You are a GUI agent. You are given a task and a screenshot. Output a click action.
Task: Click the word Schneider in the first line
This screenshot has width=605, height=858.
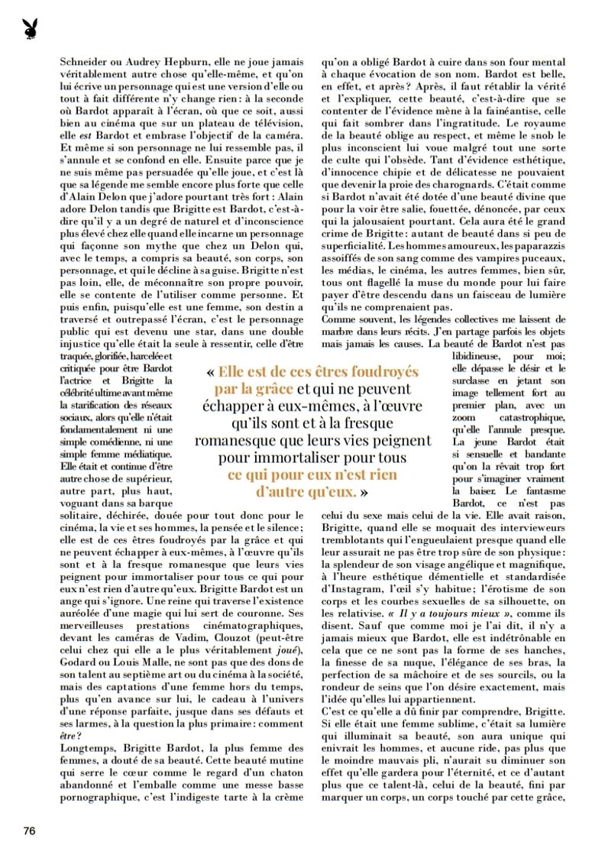click(x=85, y=66)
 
